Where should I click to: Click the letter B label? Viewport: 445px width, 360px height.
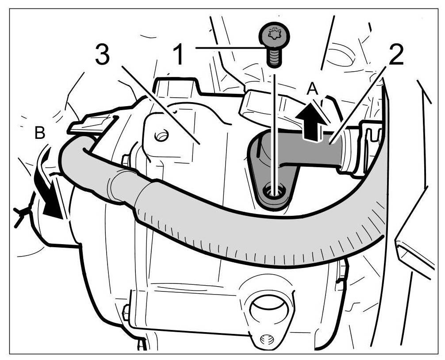(x=40, y=133)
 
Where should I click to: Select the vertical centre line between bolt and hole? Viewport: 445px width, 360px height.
(x=275, y=128)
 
